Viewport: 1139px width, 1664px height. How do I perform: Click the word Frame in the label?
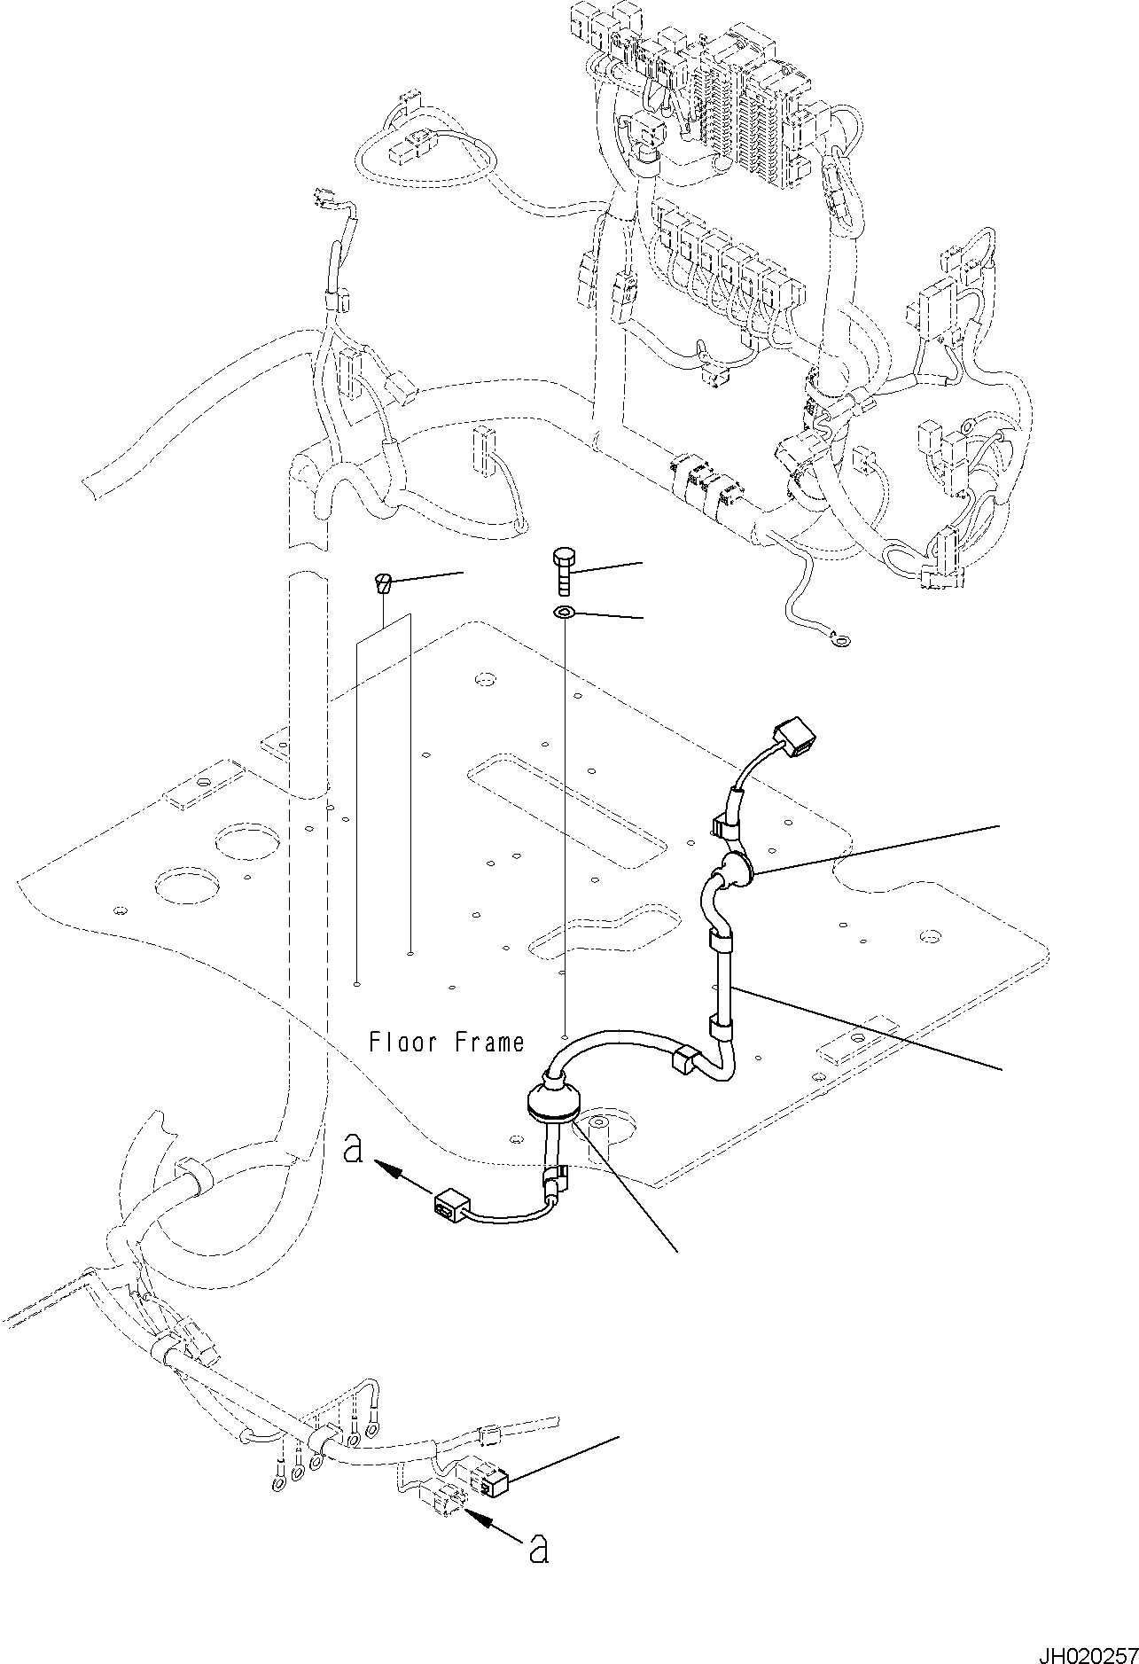[488, 1042]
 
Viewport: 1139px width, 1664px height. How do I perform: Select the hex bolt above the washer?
[565, 570]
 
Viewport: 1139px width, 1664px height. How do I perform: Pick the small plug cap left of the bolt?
[383, 583]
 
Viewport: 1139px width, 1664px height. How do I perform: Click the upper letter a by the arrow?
[354, 1151]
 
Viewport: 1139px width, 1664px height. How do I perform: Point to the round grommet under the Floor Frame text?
[550, 1099]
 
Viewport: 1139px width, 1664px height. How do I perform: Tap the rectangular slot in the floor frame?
[567, 802]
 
